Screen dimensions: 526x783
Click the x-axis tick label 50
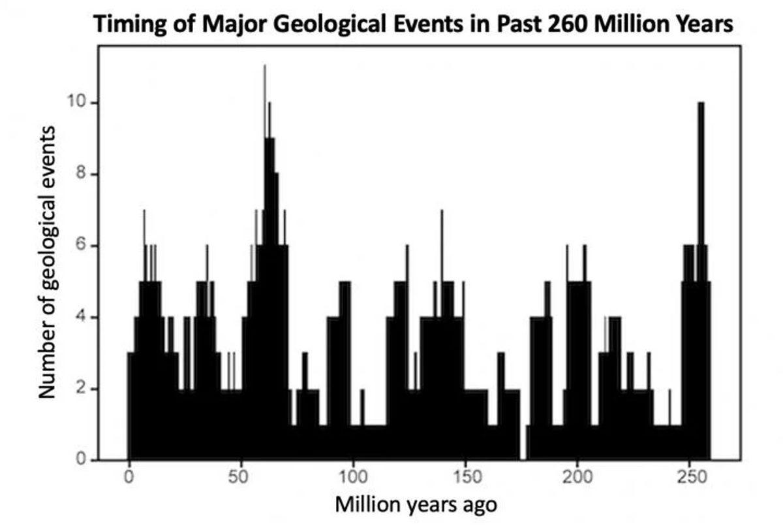click(x=241, y=475)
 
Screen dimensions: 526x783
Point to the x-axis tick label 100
click(x=353, y=475)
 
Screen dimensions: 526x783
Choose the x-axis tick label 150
click(x=466, y=475)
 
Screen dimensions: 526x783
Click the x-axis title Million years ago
click(x=416, y=504)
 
